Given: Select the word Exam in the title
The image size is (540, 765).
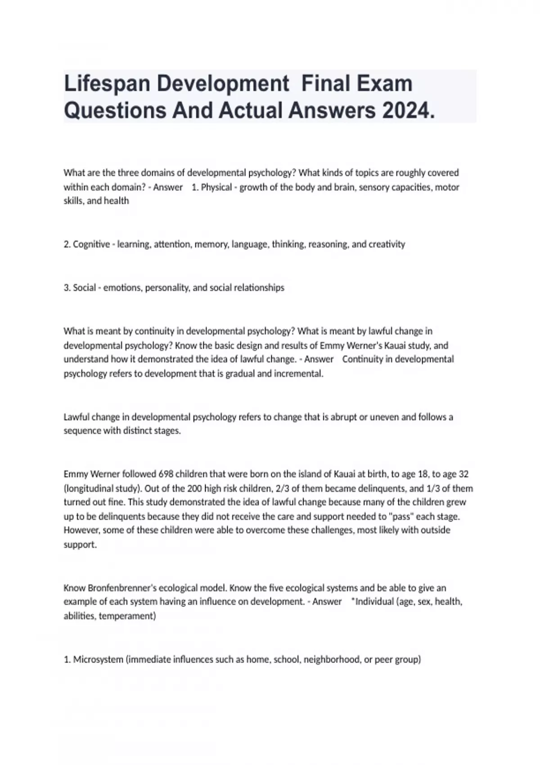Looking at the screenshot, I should tap(389, 84).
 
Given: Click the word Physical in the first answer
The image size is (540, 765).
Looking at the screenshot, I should tap(216, 187).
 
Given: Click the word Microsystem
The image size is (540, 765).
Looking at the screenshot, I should tap(98, 660).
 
